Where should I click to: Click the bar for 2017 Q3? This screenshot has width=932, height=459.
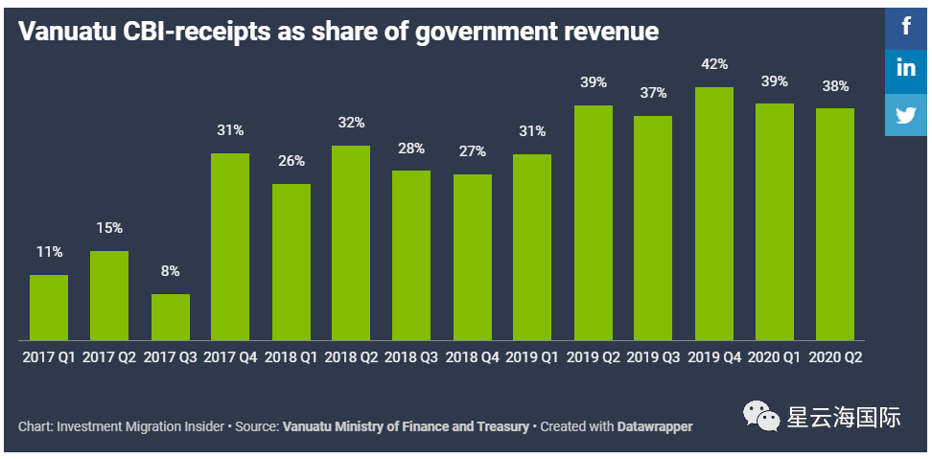pos(171,316)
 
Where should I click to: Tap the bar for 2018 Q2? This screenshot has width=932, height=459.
pos(351,242)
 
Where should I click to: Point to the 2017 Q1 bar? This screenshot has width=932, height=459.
pos(49,307)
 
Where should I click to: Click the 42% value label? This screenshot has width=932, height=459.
pos(714,64)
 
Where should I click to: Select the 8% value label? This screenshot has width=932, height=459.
pos(171,271)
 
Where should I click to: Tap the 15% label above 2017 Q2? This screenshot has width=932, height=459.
pos(109,228)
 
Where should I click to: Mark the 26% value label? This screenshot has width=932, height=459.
pos(291,161)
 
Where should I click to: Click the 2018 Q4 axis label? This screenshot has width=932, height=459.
pos(473,356)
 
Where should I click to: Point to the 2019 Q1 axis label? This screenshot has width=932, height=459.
pos(533,356)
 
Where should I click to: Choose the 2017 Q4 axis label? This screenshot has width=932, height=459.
pos(230,356)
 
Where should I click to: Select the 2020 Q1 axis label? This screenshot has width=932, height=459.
pos(775,356)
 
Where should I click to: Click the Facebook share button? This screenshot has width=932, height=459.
pos(906,24)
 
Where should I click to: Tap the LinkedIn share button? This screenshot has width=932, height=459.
pos(906,69)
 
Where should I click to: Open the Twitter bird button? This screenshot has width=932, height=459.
pos(906,115)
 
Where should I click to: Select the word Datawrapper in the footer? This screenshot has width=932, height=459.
pos(656,426)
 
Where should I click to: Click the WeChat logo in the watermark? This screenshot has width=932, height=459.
pos(764,418)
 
